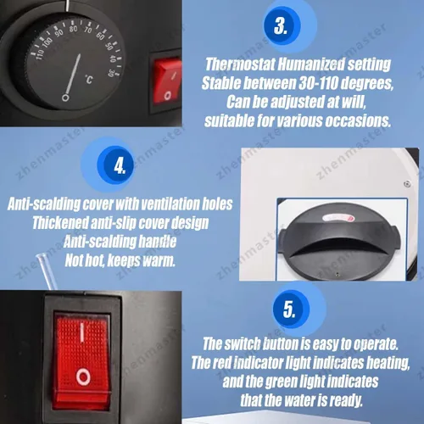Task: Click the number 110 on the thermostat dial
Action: [x=40, y=54]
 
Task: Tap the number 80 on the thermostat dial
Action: [x=73, y=29]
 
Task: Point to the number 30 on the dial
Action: [x=110, y=73]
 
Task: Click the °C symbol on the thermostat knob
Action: [x=89, y=80]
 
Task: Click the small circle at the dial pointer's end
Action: [x=65, y=98]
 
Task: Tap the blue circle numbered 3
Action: [x=281, y=25]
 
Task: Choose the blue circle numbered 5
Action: [x=289, y=309]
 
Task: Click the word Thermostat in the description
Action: [x=240, y=64]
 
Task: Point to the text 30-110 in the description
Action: [x=318, y=83]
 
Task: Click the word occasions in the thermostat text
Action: [x=358, y=120]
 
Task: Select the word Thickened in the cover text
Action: [x=60, y=223]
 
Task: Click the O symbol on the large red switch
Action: [x=83, y=377]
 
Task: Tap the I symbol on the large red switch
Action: [x=82, y=333]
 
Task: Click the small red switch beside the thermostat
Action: [x=168, y=83]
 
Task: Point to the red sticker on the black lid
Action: [x=338, y=218]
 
